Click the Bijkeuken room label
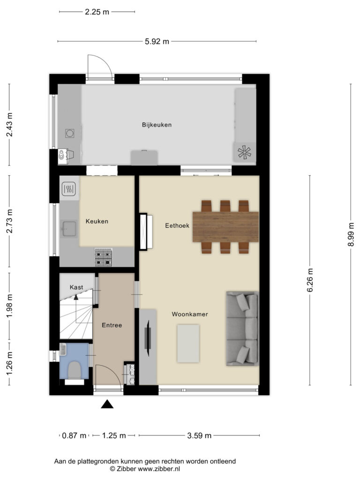(x=157, y=125)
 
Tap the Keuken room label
(x=97, y=221)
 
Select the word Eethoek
(x=177, y=225)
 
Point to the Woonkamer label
(x=190, y=314)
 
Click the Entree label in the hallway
(x=112, y=325)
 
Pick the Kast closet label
(x=76, y=287)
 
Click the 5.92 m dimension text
(x=157, y=41)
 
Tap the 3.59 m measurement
(x=199, y=435)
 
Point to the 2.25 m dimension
(x=97, y=12)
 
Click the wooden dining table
(x=225, y=227)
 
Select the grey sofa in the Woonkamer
(x=242, y=329)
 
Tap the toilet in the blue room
(x=74, y=370)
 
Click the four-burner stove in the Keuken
(x=103, y=257)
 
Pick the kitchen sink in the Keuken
(x=69, y=229)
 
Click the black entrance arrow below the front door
(x=107, y=405)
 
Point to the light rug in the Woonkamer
(x=188, y=344)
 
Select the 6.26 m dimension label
(x=310, y=280)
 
